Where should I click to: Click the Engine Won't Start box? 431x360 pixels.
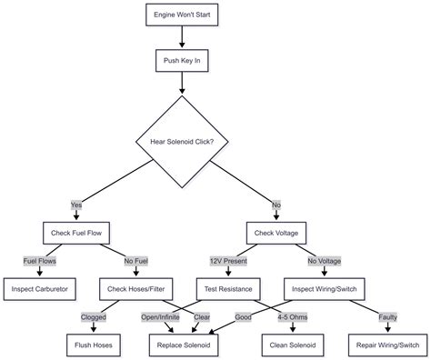183,15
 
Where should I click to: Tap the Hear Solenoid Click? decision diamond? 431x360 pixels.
183,141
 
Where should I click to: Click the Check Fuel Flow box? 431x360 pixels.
76,232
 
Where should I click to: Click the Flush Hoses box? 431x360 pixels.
92,345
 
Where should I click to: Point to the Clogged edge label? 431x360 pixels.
95,317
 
